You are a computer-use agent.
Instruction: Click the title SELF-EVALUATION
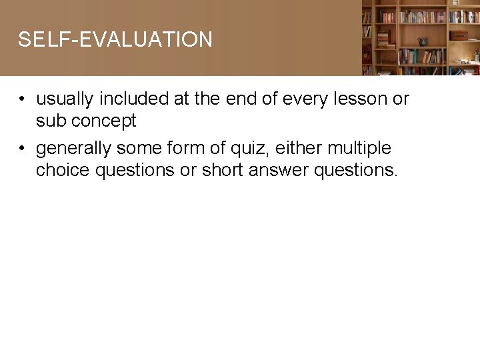point(115,40)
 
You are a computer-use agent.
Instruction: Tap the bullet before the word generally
point(22,149)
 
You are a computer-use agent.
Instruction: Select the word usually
point(65,99)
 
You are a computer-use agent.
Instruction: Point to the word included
point(134,99)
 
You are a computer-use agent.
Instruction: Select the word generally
point(74,148)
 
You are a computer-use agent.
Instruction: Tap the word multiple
point(359,148)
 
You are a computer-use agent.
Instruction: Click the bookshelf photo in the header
point(421,37)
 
